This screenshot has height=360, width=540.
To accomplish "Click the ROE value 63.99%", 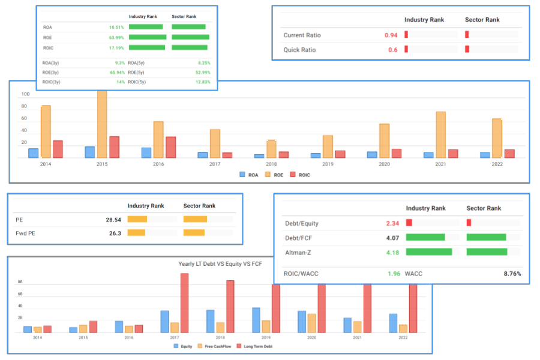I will pyautogui.click(x=116, y=37).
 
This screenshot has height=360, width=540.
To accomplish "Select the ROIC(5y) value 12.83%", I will pyautogui.click(x=202, y=82).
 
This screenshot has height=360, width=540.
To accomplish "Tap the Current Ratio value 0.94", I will pyautogui.click(x=391, y=35).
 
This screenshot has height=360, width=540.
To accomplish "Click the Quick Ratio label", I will pyautogui.click(x=299, y=50).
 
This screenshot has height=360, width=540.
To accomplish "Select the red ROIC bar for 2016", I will pyautogui.click(x=170, y=148).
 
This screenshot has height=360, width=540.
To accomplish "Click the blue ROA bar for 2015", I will pyautogui.click(x=89, y=152).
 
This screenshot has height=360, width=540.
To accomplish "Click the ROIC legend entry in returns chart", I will pyautogui.click(x=304, y=175).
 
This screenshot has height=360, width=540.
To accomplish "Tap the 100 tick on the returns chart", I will pyautogui.click(x=25, y=94).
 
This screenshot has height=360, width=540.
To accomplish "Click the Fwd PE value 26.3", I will pyautogui.click(x=115, y=233).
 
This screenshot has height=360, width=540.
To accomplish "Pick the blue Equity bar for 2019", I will pyautogui.click(x=256, y=320).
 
